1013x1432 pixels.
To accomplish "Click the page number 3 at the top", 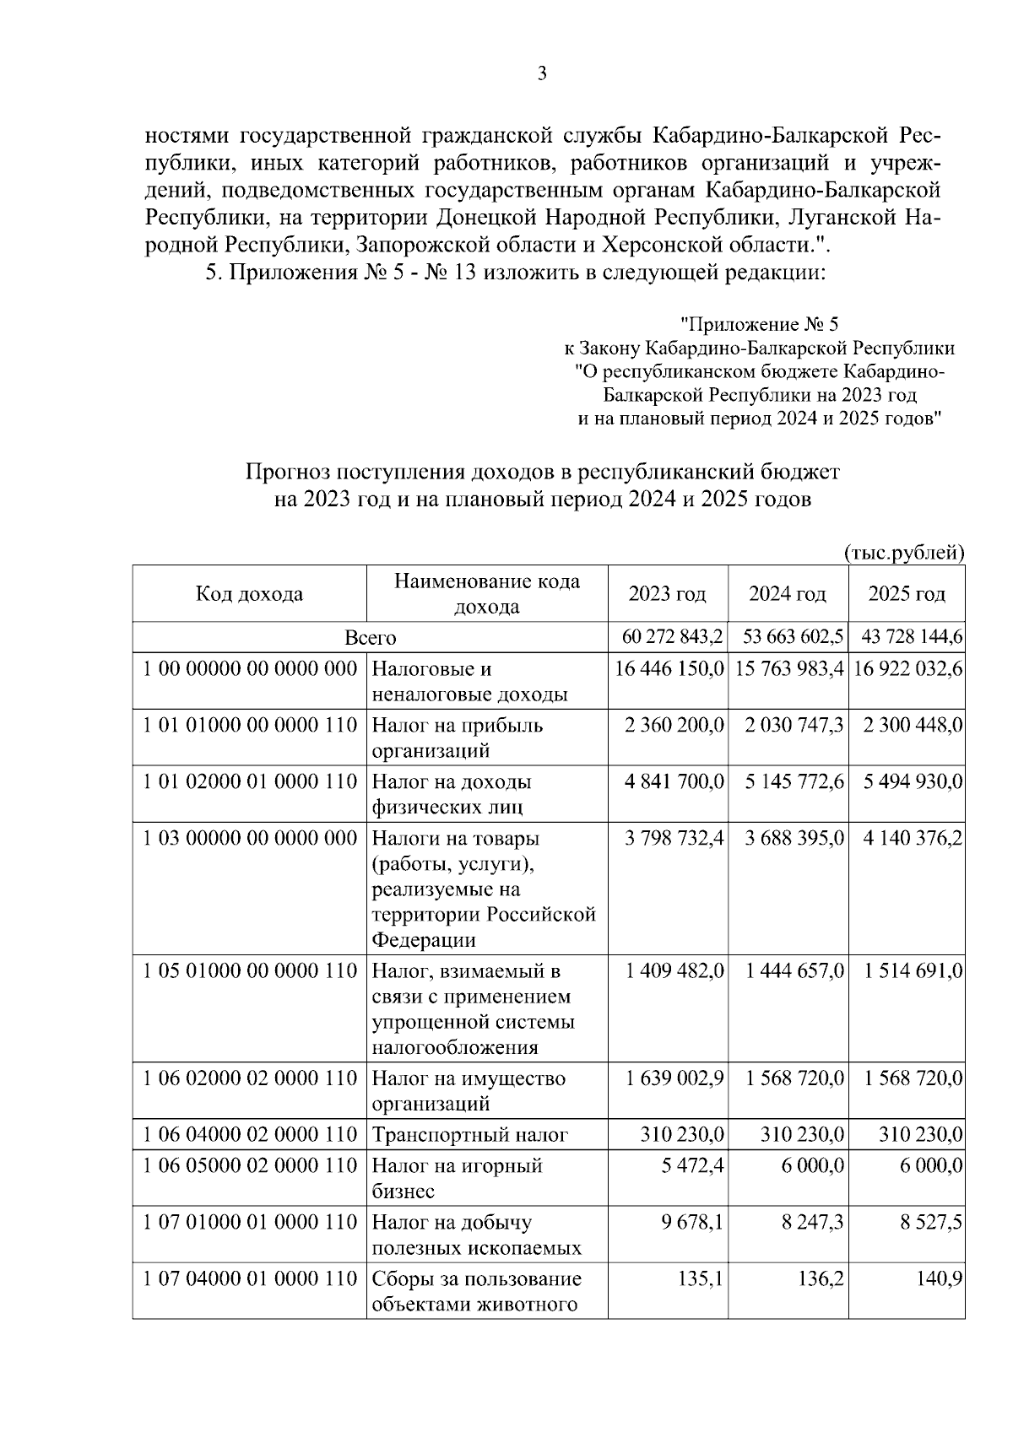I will (x=543, y=74).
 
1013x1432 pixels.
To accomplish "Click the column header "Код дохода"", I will (x=249, y=594).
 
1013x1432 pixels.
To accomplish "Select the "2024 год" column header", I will (x=787, y=594).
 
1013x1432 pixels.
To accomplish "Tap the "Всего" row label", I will (x=370, y=638).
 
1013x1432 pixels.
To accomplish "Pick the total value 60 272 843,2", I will (x=667, y=637).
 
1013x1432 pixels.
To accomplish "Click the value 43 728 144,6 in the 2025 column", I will (x=907, y=637).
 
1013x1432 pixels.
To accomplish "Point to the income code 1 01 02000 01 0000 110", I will (x=250, y=782).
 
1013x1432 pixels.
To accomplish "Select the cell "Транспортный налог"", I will (x=470, y=1136).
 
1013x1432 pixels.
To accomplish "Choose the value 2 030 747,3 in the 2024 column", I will (x=794, y=726).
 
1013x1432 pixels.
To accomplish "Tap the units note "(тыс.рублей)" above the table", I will (x=904, y=553).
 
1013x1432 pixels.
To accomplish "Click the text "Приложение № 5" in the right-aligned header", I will (x=760, y=324).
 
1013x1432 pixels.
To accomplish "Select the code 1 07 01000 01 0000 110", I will (x=250, y=1223).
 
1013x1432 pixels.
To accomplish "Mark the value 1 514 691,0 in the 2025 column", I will (x=913, y=971).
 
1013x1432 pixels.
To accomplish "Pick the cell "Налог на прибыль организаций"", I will (x=458, y=738).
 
